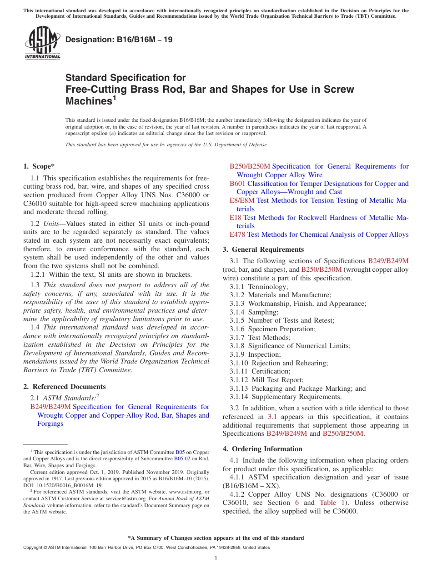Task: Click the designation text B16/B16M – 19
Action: tap(119, 40)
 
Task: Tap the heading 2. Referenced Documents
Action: tap(64, 387)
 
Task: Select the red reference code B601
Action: tap(237, 184)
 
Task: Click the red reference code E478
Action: tap(237, 234)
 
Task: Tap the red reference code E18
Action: tap(236, 218)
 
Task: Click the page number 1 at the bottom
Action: tap(216, 558)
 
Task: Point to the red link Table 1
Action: tap(327, 503)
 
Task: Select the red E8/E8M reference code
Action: tap(242, 200)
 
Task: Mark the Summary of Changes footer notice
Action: tap(216, 538)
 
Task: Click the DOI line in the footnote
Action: tap(63, 485)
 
